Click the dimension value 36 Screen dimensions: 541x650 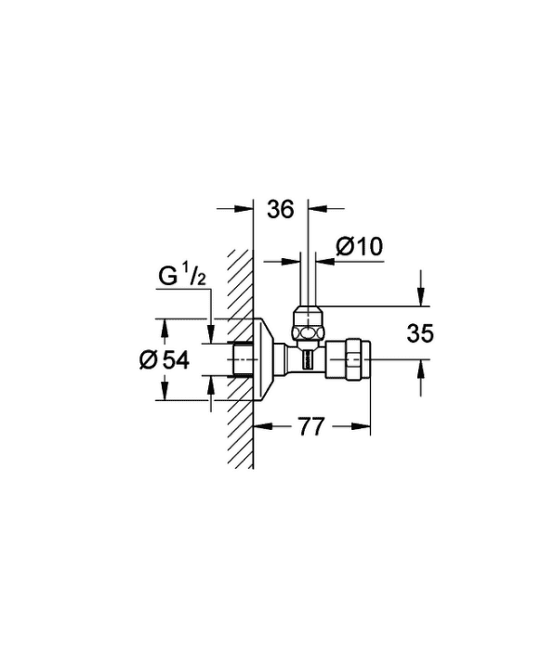pos(280,209)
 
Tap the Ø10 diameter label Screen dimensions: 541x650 pos(360,247)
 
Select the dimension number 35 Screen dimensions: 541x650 pos(420,333)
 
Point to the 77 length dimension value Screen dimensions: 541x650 pos(311,426)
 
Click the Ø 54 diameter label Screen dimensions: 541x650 pos(165,359)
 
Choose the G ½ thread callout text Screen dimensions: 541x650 pos(182,277)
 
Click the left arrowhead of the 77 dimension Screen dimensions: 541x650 pos(262,426)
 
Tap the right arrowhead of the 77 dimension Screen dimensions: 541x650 pos(361,426)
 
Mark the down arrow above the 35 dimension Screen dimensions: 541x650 pos(421,297)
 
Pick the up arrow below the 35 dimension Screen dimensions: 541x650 pos(421,369)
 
